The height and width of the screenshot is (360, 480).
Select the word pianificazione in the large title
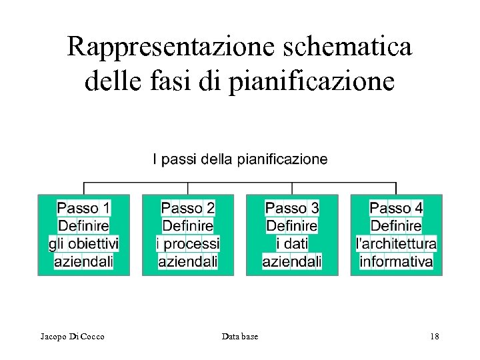312,82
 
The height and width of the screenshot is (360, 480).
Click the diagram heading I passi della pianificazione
240,159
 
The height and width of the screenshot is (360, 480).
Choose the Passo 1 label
84,209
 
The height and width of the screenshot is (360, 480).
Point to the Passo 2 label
188,209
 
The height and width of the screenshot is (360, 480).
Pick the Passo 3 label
292,209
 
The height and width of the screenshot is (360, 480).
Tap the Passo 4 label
396,209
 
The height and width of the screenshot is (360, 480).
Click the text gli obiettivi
84,244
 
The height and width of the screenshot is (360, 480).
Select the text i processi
188,244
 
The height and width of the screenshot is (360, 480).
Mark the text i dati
292,244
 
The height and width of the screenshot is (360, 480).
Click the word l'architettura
396,244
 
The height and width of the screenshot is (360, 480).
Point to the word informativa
396,261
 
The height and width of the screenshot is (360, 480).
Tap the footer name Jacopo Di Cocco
72,337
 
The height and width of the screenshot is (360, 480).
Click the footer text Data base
240,337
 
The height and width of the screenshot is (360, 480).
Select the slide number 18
434,337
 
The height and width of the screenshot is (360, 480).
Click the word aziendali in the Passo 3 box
292,261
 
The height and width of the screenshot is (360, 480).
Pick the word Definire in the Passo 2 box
188,227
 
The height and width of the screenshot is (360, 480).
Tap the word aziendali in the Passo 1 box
84,261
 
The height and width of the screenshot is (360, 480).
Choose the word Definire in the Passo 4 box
396,227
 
